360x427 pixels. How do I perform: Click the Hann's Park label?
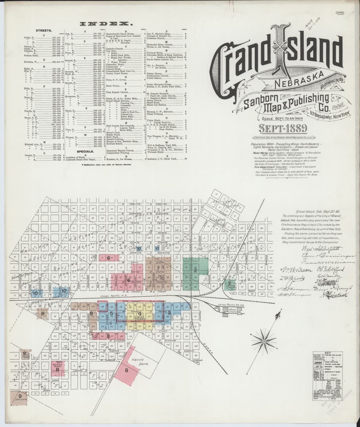click(144, 360)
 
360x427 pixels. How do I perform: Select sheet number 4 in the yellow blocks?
click(140, 313)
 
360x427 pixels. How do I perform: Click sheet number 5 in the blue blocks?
click(111, 313)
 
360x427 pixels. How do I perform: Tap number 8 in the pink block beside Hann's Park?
click(126, 370)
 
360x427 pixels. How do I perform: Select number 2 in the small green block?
click(230, 283)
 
